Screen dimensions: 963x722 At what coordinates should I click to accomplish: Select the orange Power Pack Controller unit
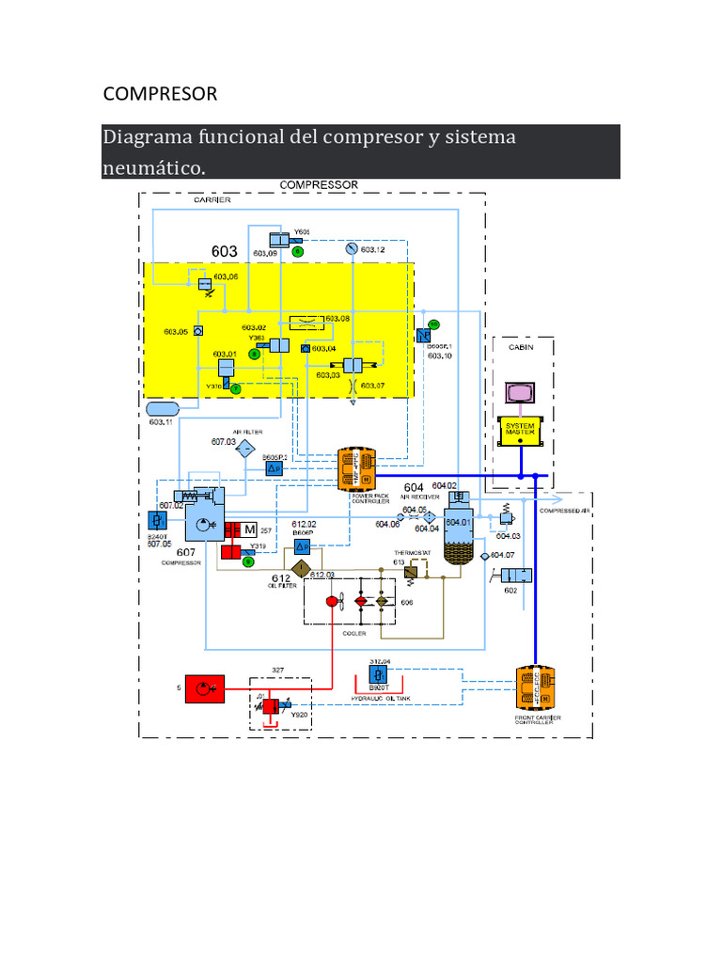point(356,468)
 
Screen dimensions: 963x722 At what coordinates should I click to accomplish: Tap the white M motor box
point(249,530)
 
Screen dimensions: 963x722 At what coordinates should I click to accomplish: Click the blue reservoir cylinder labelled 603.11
point(163,409)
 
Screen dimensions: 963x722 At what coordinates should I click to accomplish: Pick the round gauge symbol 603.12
point(352,249)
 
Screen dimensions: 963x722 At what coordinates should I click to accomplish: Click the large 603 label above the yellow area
point(225,251)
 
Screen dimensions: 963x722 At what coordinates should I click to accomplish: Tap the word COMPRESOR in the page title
point(160,94)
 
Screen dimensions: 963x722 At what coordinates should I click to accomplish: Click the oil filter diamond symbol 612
point(300,568)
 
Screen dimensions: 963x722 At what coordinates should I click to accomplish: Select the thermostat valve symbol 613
point(411,570)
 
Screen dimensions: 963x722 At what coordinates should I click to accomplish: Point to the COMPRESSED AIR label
point(564,511)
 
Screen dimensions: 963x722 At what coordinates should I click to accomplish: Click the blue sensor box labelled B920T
point(378,676)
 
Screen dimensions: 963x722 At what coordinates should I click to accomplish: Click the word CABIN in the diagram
point(521,347)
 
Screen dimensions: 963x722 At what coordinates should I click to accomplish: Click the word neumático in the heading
point(153,167)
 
